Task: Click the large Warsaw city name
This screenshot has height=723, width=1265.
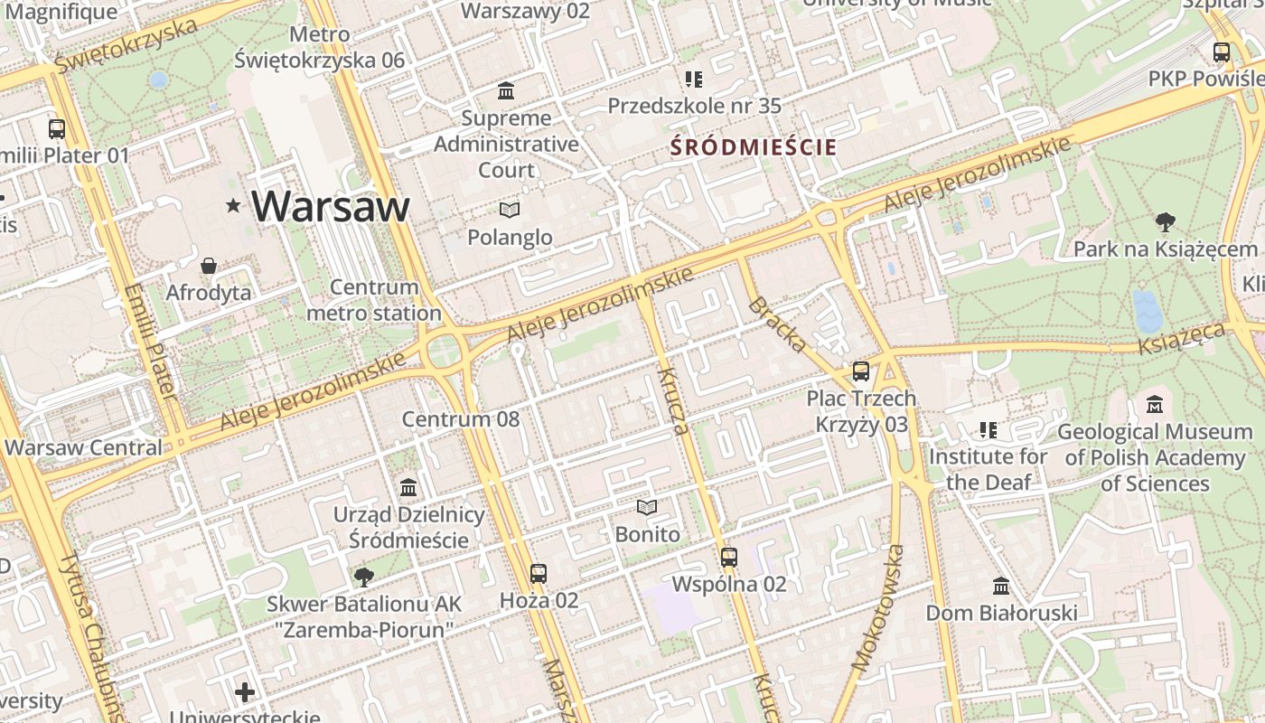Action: pyautogui.click(x=331, y=207)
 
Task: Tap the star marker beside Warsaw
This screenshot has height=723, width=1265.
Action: pyautogui.click(x=234, y=206)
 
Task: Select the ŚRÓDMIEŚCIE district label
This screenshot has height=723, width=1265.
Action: pyautogui.click(x=753, y=146)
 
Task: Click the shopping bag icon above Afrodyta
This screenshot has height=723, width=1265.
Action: pyautogui.click(x=209, y=266)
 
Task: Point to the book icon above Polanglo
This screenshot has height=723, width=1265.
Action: pyautogui.click(x=510, y=211)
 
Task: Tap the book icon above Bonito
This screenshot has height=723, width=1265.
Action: pyautogui.click(x=647, y=508)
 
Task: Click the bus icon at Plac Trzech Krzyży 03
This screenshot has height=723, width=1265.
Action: pyautogui.click(x=861, y=371)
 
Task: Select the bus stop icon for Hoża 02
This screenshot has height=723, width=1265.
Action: pyautogui.click(x=539, y=573)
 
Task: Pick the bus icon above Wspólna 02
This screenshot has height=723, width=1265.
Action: pyautogui.click(x=729, y=558)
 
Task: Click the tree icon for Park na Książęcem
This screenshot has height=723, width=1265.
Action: pyautogui.click(x=1166, y=221)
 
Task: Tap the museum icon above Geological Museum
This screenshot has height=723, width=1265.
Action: pyautogui.click(x=1155, y=405)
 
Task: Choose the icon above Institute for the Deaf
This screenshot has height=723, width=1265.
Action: pyautogui.click(x=989, y=430)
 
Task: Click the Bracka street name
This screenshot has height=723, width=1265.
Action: pyautogui.click(x=777, y=324)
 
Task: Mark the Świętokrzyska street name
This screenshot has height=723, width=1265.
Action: pyautogui.click(x=126, y=46)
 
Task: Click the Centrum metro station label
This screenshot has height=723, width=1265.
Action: pyautogui.click(x=374, y=300)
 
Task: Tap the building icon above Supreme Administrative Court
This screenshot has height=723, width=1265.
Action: pyautogui.click(x=506, y=91)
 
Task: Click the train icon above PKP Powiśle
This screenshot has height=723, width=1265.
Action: pyautogui.click(x=1222, y=52)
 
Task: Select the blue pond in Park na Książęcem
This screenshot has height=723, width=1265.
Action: pyautogui.click(x=1148, y=312)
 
